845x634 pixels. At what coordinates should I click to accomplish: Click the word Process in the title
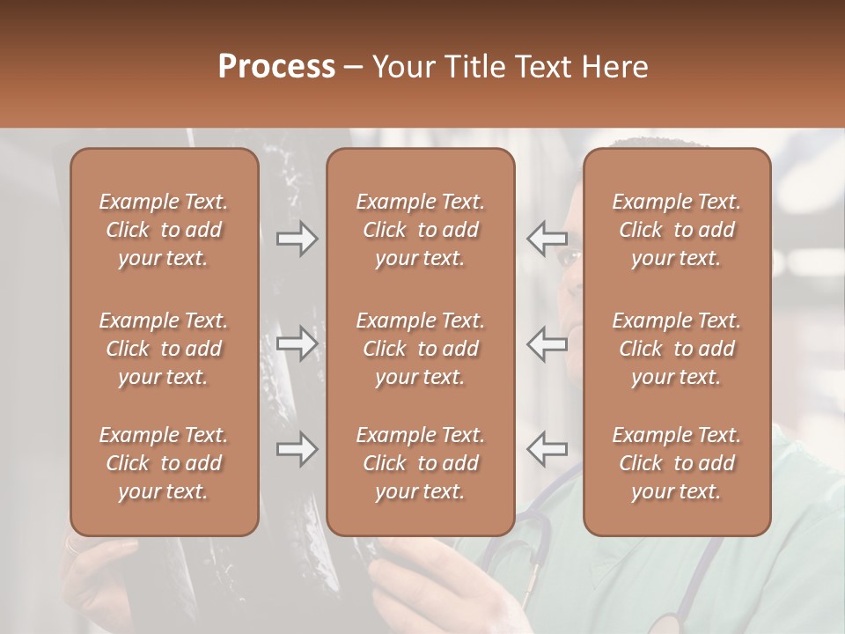click(276, 66)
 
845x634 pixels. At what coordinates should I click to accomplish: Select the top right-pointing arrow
click(297, 239)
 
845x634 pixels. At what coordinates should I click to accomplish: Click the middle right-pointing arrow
click(297, 343)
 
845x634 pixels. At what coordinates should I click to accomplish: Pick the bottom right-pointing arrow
click(297, 449)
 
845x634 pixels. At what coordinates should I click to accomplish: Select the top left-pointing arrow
click(547, 239)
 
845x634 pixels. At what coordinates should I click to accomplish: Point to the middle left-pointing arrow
click(547, 343)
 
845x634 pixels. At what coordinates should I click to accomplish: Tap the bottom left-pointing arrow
click(547, 449)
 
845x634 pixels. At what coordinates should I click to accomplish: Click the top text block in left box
click(164, 230)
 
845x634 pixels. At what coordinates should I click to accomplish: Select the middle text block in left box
click(164, 349)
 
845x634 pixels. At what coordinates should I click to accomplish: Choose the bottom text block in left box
click(164, 463)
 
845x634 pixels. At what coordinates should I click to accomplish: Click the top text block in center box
click(420, 230)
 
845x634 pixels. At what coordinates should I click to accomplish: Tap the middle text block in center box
click(420, 349)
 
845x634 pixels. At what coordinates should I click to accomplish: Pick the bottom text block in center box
click(420, 463)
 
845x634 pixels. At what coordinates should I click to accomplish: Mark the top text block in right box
click(676, 230)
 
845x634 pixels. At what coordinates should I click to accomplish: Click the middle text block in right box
click(676, 349)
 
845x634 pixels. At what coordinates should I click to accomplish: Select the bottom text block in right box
click(676, 463)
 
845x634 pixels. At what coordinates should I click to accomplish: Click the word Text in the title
click(540, 66)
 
